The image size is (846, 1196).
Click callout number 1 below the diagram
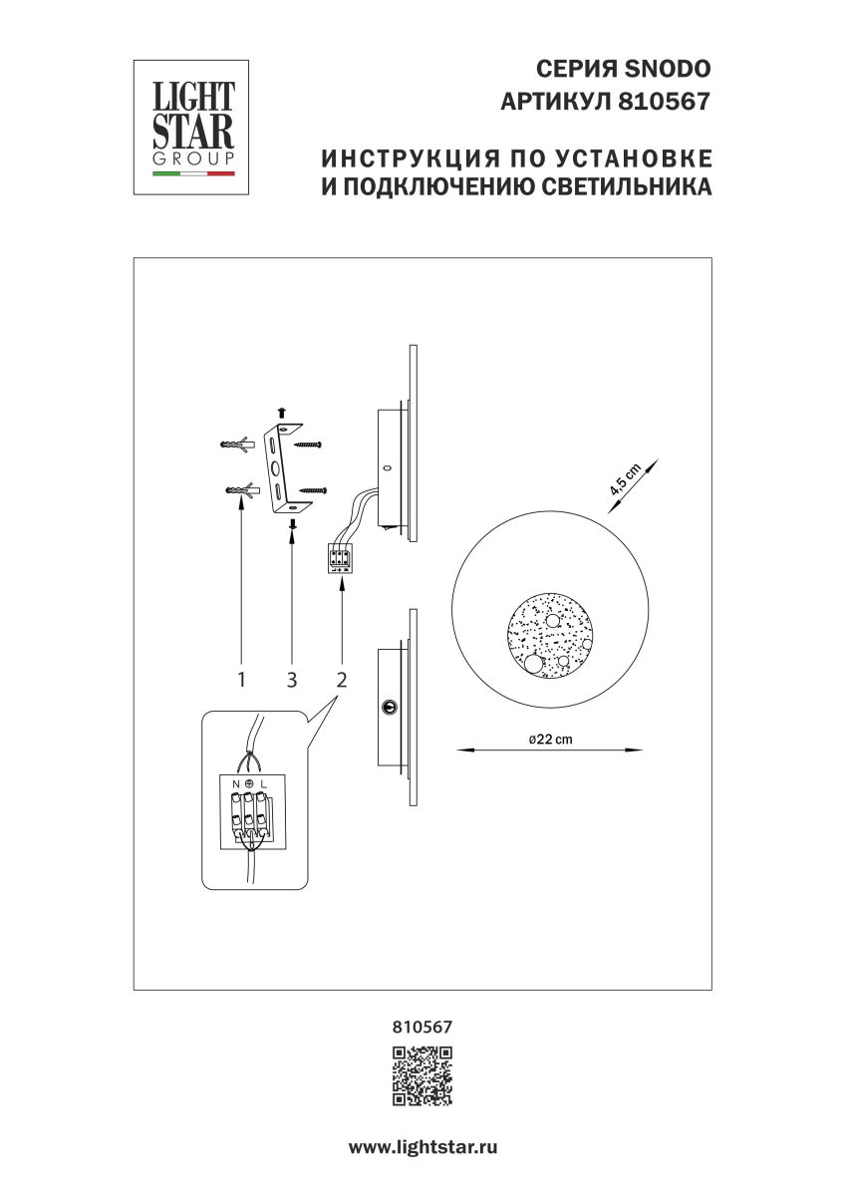[241, 680]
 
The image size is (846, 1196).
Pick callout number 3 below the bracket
[292, 680]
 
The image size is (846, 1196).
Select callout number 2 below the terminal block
[342, 680]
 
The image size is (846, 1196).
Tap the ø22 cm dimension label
[545, 739]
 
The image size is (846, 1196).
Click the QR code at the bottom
[423, 1076]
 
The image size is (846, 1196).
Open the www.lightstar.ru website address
[423, 1147]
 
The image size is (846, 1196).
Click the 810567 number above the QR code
[423, 1024]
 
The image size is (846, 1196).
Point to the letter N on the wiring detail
[236, 784]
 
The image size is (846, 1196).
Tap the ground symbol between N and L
[248, 784]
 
